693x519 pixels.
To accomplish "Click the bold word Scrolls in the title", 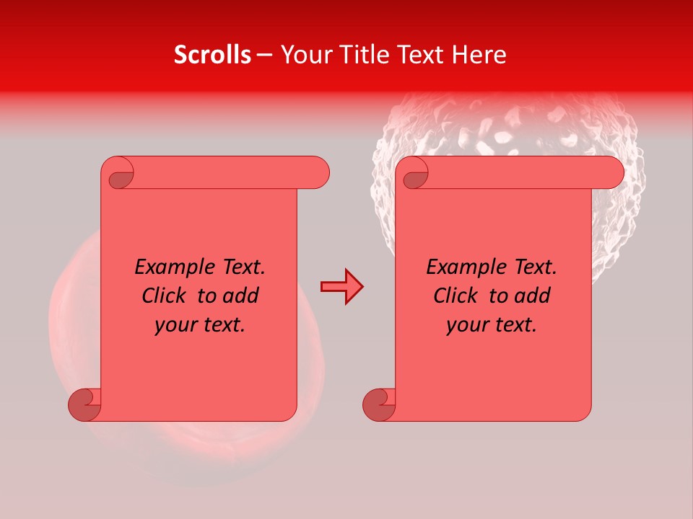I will point(212,55).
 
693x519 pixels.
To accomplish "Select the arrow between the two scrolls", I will point(342,286).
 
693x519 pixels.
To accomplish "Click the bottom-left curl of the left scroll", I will point(85,404).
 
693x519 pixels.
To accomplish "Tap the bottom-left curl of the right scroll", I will point(379,404).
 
